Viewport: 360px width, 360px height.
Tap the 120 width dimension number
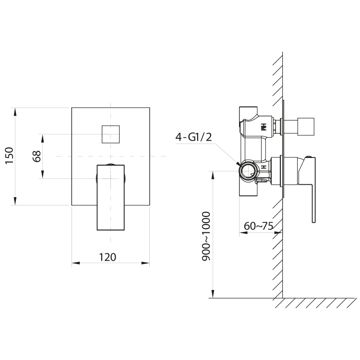click(108, 257)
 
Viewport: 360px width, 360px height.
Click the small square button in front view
click(110, 133)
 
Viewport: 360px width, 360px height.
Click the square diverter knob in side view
click(302, 127)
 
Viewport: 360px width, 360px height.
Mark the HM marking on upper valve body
click(263, 127)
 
